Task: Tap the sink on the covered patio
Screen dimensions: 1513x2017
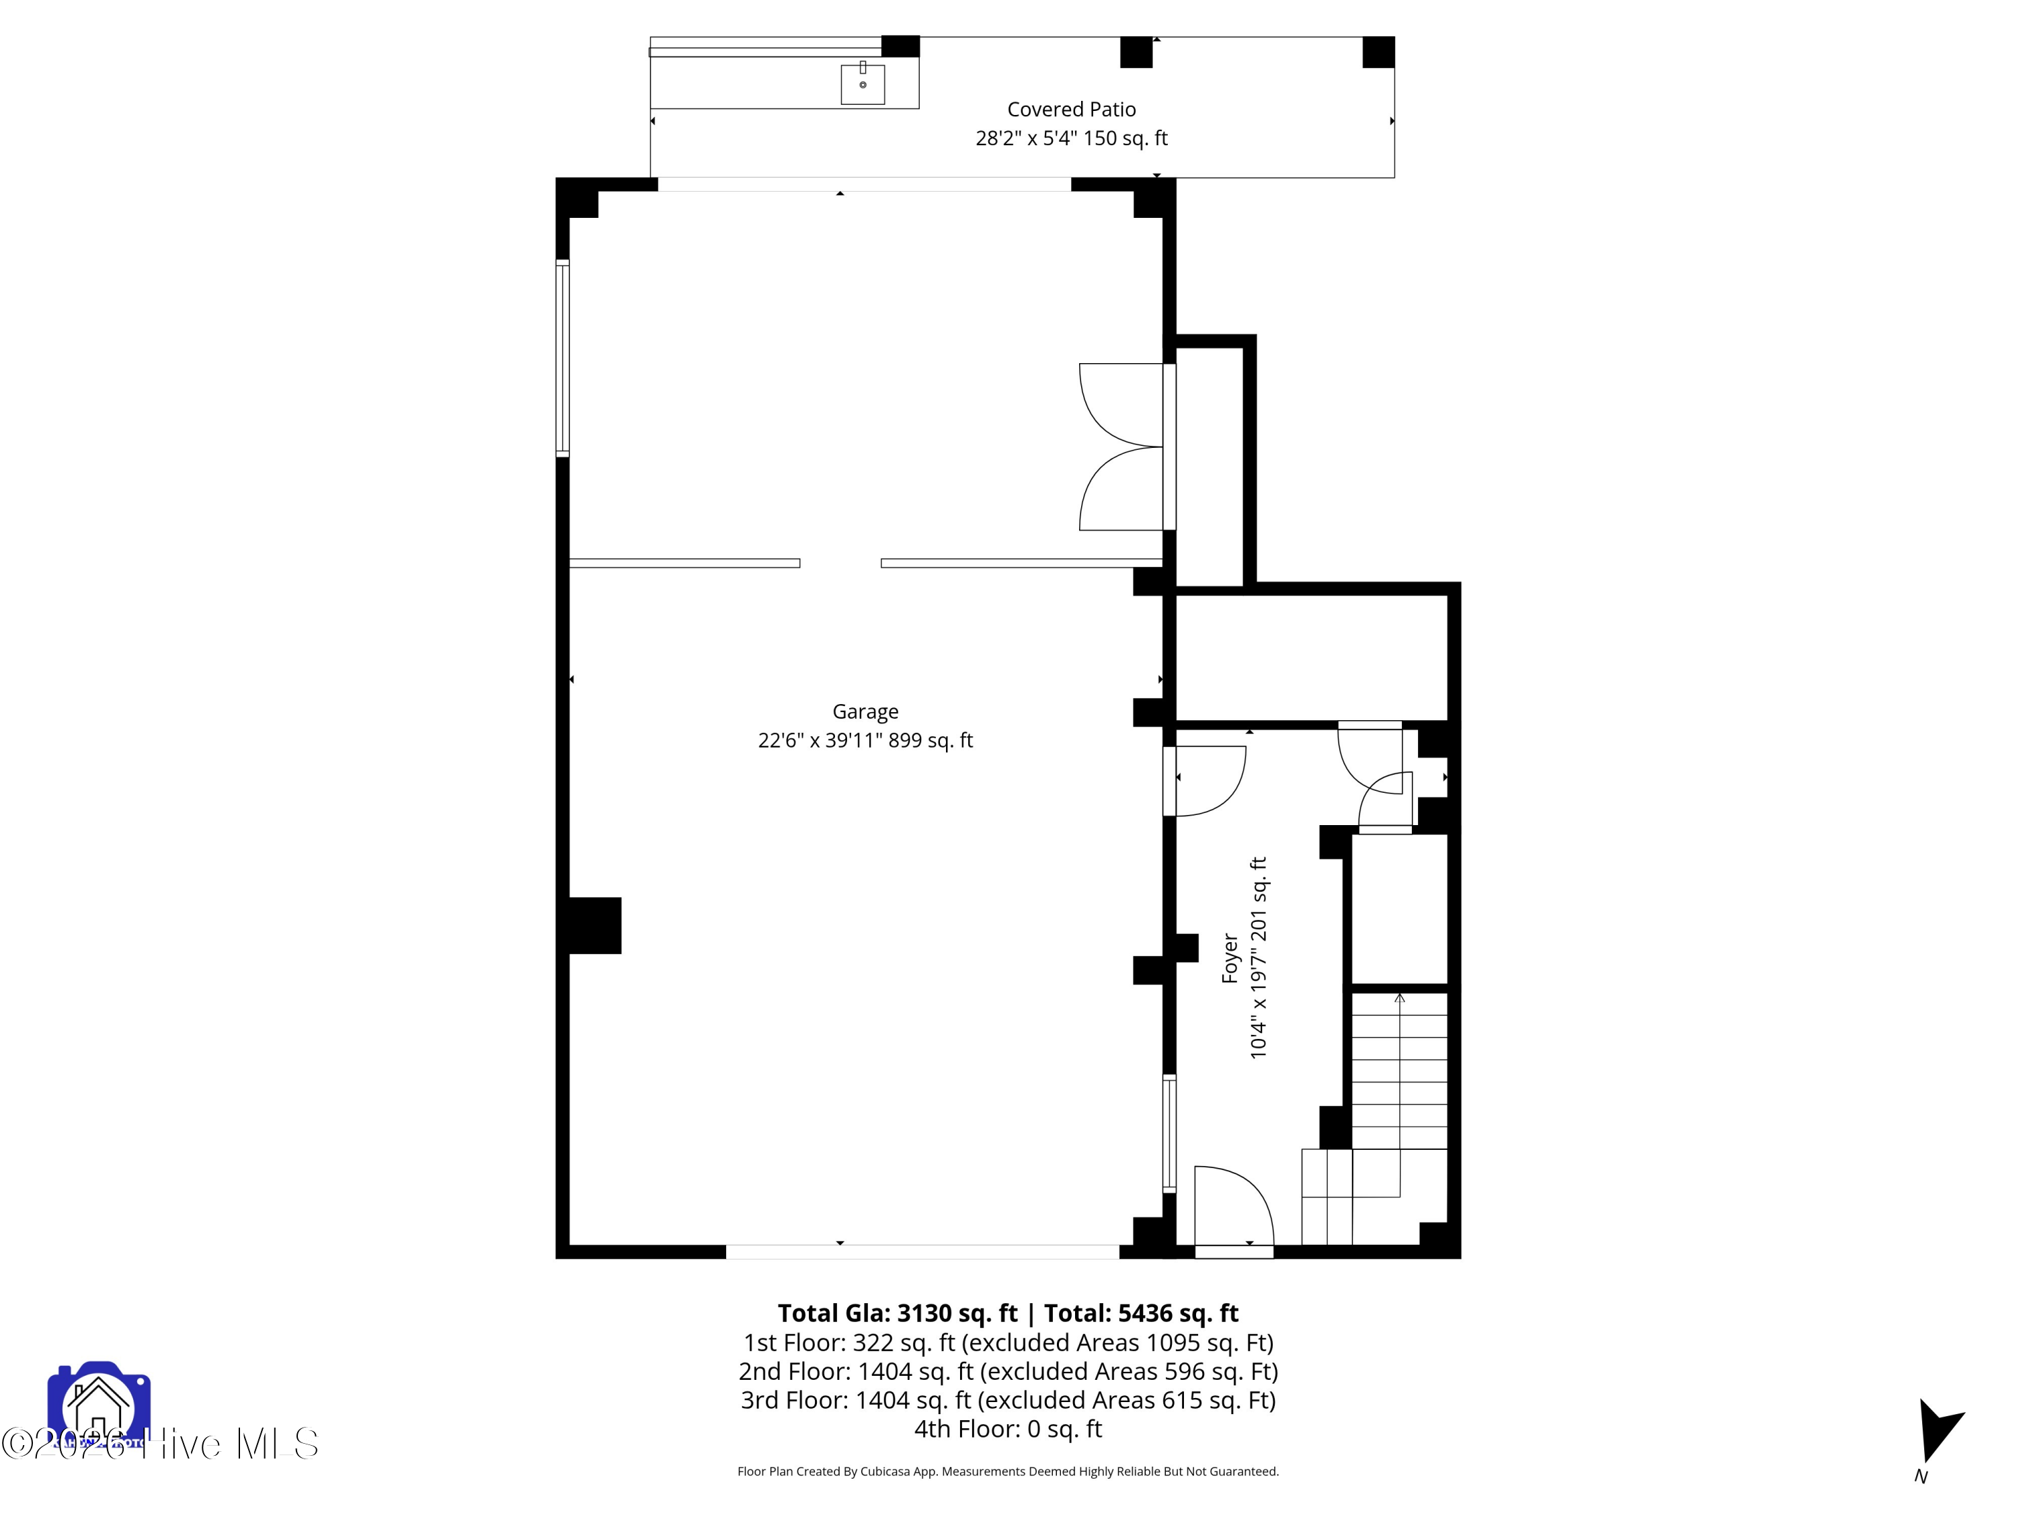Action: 862,84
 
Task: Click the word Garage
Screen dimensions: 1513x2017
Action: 865,711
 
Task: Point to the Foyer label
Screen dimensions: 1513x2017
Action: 1230,958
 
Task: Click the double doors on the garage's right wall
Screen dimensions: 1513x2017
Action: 1121,447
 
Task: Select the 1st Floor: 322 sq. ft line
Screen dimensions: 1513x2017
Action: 1008,1342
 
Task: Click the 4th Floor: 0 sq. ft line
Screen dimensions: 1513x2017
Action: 1008,1428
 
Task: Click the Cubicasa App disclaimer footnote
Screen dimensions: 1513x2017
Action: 1008,1471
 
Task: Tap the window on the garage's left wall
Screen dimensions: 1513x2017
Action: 563,358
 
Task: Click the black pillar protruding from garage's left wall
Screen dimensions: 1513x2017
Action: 594,926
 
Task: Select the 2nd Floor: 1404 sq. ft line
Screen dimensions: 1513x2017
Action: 1008,1372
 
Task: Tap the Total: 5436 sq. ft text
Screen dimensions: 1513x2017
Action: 1141,1313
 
